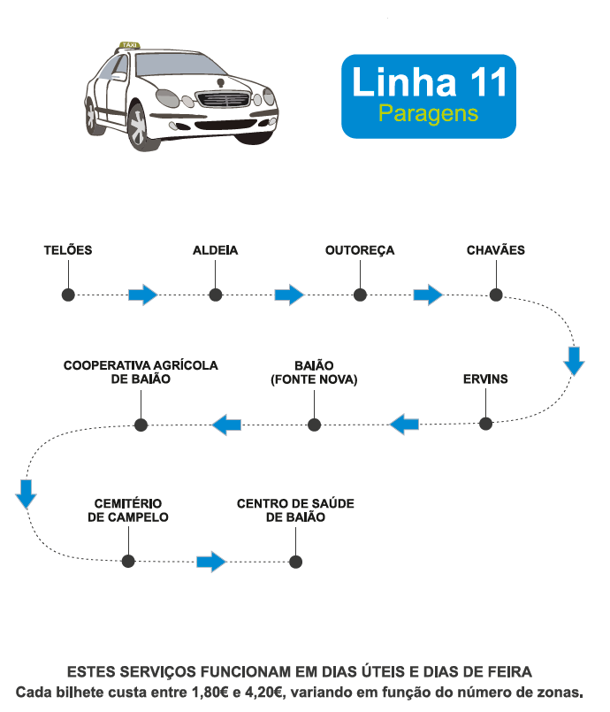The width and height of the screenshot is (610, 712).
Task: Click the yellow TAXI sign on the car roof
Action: point(130,44)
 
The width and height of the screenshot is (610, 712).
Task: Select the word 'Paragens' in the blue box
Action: point(428,114)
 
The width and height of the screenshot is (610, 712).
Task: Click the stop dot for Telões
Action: point(67,295)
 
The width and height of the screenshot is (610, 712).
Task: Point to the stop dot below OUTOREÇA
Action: point(360,295)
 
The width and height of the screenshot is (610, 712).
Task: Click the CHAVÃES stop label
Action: point(495,250)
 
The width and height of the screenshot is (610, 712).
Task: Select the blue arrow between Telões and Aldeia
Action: point(142,295)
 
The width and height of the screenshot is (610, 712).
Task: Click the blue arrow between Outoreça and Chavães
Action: point(428,295)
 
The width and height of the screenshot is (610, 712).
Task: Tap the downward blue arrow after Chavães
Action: point(575,361)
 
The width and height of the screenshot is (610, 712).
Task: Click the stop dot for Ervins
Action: point(485,424)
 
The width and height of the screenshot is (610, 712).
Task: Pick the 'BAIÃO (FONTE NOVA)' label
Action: point(314,372)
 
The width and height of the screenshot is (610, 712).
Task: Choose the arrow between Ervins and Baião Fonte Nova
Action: point(404,424)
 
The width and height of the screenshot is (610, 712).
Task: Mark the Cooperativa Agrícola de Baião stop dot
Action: point(140,425)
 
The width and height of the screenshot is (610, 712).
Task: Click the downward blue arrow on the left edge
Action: point(27,494)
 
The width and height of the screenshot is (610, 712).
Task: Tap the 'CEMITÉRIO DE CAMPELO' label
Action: point(128,510)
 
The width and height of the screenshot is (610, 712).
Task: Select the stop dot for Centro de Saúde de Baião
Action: point(295,562)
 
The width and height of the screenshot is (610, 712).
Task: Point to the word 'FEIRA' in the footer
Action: point(508,672)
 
